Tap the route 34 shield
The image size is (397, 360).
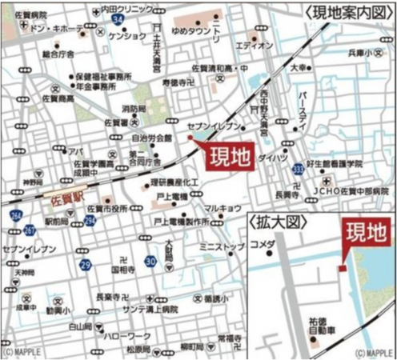[x=118, y=18]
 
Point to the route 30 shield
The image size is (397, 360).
[x=150, y=260]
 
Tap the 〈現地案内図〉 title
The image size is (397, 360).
[x=351, y=11]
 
